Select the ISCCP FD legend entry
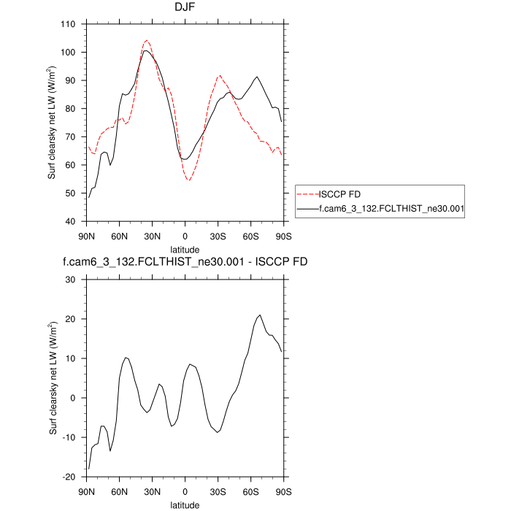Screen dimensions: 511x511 coord(339,194)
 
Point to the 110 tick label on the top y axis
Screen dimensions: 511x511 coord(69,24)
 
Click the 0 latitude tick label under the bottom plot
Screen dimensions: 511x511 coord(185,491)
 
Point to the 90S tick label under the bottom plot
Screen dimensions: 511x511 coord(283,491)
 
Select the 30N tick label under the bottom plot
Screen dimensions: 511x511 coord(152,491)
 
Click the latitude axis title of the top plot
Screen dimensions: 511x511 coord(185,249)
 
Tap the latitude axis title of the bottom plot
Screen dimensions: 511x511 coord(185,504)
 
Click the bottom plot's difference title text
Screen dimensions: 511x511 coord(185,264)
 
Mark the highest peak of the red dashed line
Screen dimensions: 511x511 coord(147,40)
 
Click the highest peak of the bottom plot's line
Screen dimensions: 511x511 coord(260,315)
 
